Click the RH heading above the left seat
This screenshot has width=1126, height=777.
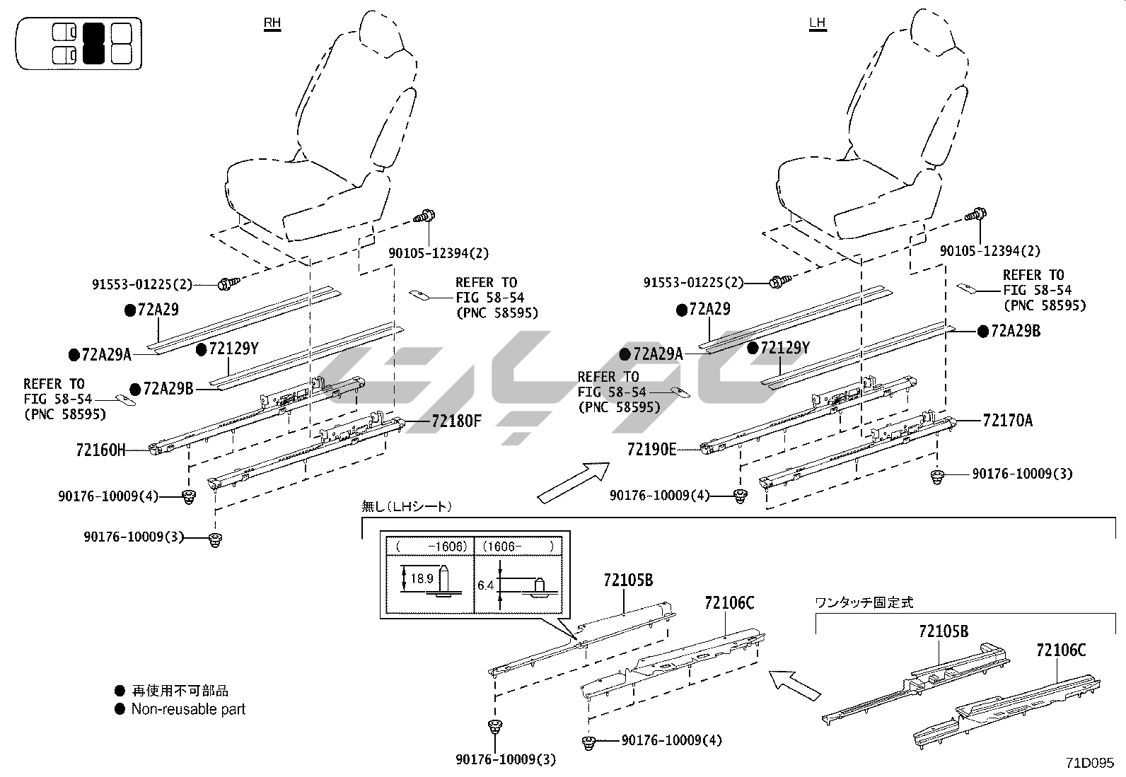click(272, 23)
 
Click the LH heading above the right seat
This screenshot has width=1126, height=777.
click(817, 23)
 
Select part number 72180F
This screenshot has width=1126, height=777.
click(456, 421)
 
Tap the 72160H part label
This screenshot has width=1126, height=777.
click(100, 450)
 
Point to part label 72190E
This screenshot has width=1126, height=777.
click(651, 449)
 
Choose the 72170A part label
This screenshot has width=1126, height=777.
click(1007, 421)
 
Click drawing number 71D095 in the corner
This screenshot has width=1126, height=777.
click(1090, 763)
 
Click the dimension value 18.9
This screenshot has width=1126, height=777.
click(421, 578)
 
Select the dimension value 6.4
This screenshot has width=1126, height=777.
click(485, 585)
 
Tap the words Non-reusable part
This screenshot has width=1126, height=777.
click(188, 708)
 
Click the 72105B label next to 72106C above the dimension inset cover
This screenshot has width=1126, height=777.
click(628, 580)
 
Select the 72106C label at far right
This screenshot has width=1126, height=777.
click(1061, 650)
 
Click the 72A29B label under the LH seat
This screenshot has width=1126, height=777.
click(1016, 331)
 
